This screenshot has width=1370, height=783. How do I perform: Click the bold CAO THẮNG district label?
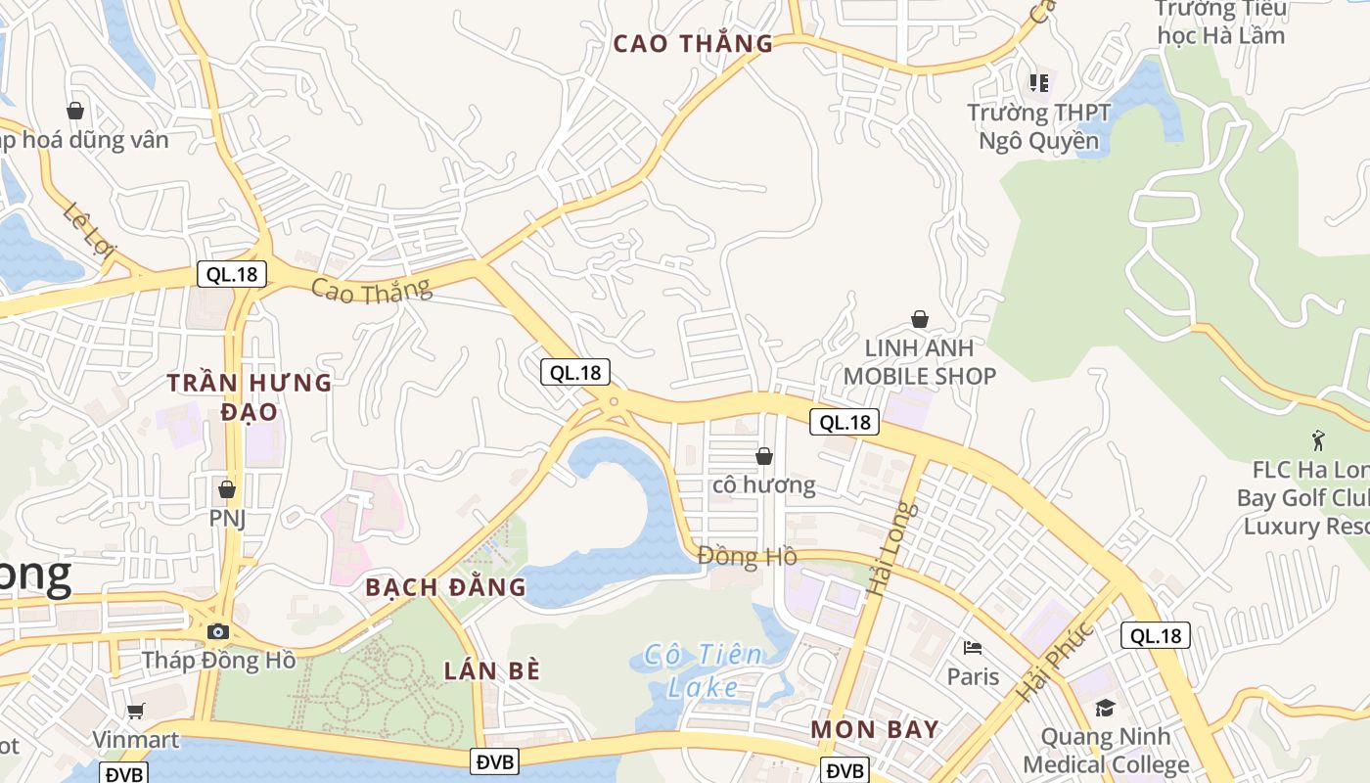[x=693, y=43]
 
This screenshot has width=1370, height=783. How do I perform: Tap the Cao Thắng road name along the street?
[x=371, y=290]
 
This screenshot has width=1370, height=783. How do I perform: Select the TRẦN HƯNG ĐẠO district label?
[x=249, y=396]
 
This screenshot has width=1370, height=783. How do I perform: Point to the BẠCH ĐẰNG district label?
[x=445, y=587]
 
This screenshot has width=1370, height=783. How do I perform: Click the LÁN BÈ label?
[x=492, y=670]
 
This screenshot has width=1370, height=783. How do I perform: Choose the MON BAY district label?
[x=875, y=729]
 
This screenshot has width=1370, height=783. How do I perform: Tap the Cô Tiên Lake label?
[x=703, y=670]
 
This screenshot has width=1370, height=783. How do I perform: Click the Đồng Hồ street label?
[x=747, y=557]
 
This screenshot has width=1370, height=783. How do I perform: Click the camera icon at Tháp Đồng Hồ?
[x=218, y=631]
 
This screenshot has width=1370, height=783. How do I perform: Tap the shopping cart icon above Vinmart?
[x=135, y=711]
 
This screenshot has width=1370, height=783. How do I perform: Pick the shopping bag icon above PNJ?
[x=226, y=488]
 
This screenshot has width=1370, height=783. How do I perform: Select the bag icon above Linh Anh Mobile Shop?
[x=920, y=318]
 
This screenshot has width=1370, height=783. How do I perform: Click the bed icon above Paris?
[x=973, y=647]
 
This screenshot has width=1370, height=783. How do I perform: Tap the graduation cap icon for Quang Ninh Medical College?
[x=1105, y=707]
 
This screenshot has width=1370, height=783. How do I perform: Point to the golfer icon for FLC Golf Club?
[x=1318, y=440]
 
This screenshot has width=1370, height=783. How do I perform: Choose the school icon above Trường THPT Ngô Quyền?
[x=1038, y=83]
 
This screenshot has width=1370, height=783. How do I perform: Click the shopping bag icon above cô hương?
[x=764, y=455]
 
